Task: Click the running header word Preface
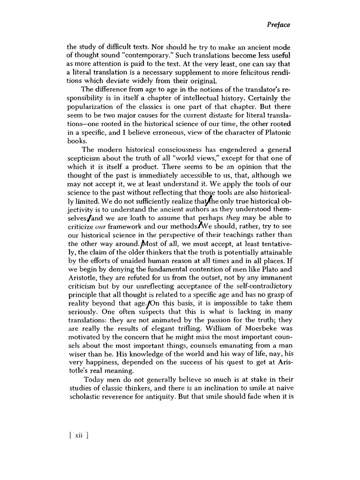[278, 25]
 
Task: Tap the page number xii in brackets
[79, 435]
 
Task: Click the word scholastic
[86, 397]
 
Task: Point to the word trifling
[191, 328]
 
